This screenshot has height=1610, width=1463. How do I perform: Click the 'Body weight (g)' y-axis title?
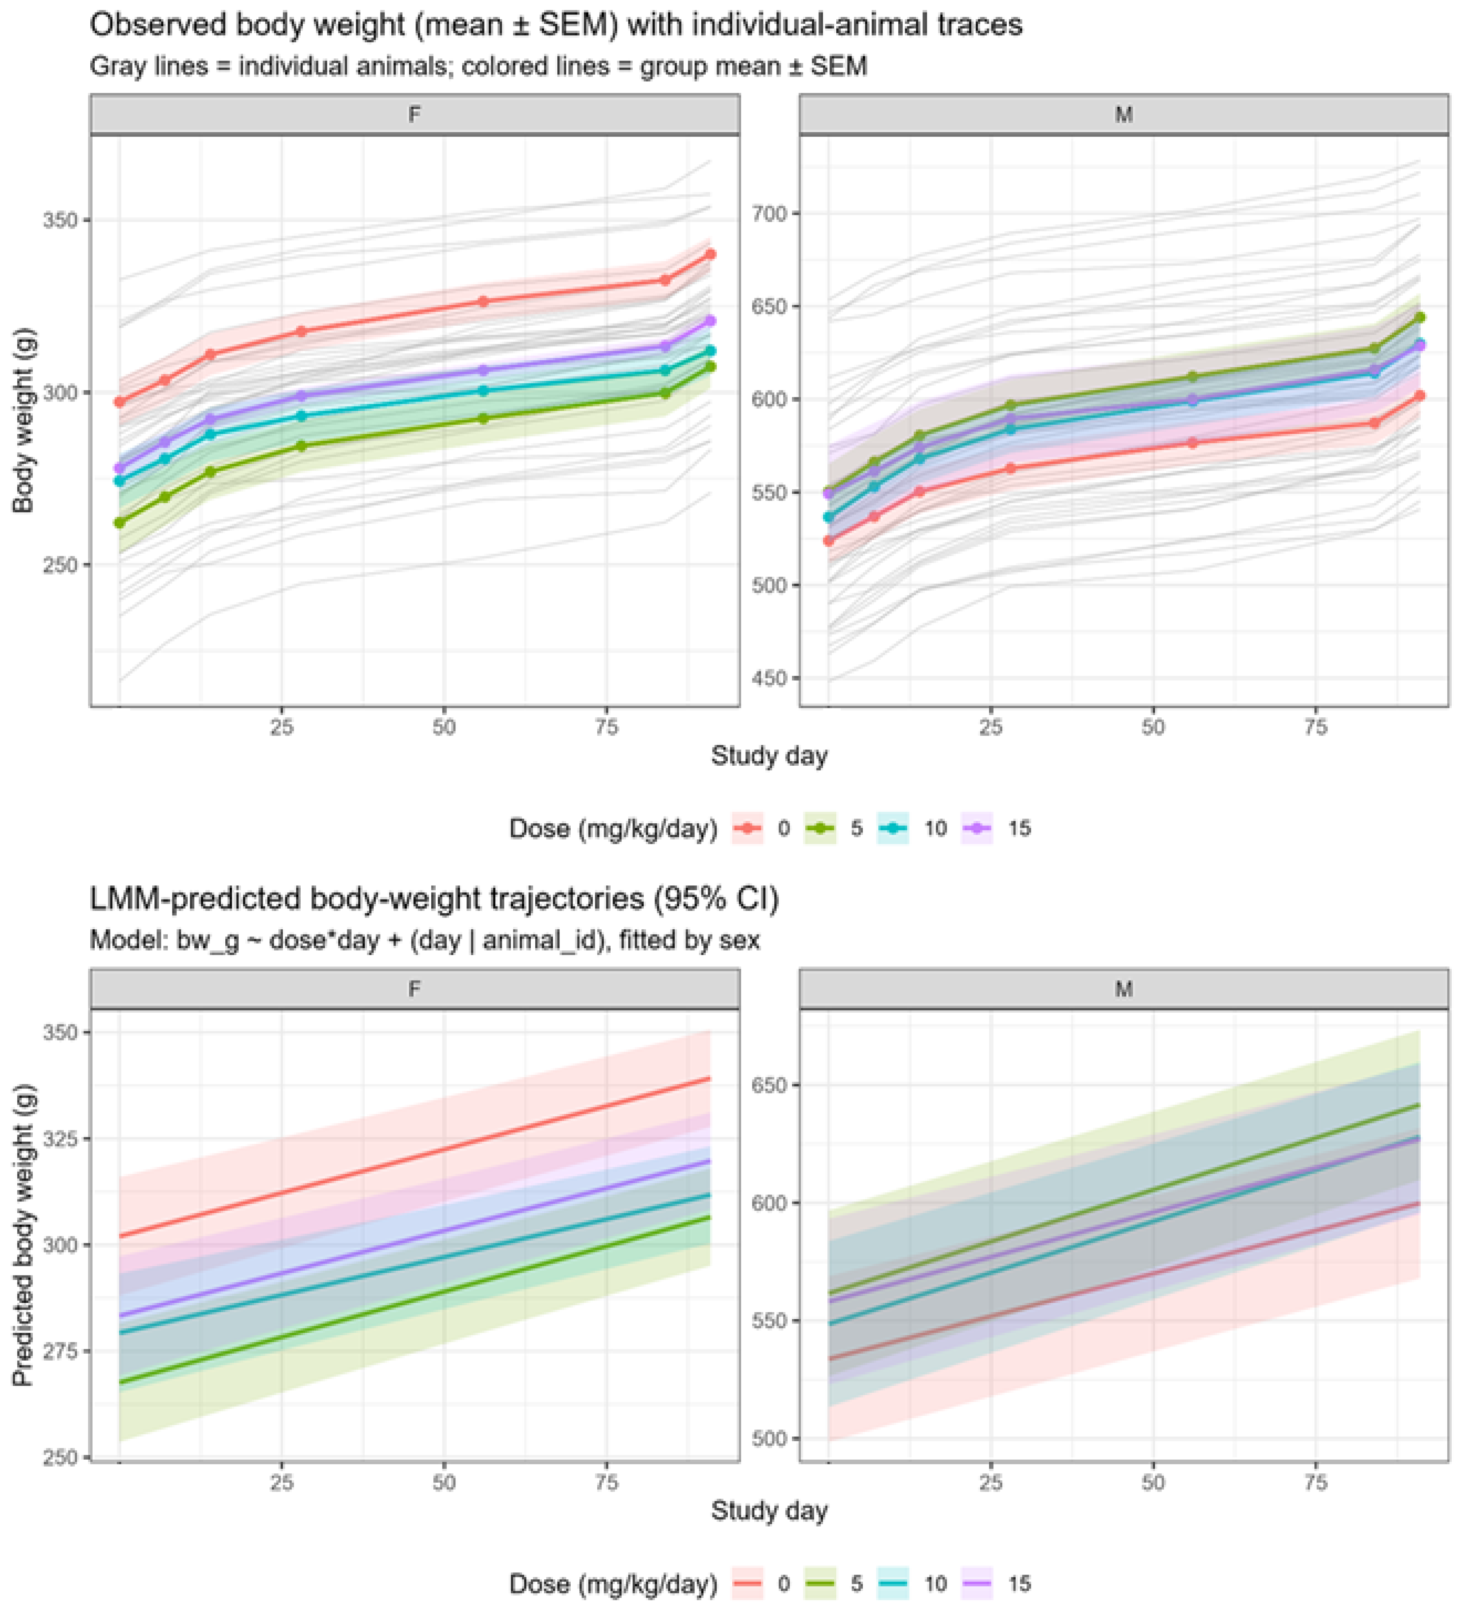24,420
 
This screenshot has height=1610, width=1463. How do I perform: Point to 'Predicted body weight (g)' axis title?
24,1235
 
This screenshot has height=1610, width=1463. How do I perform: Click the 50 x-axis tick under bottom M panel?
1152,1482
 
